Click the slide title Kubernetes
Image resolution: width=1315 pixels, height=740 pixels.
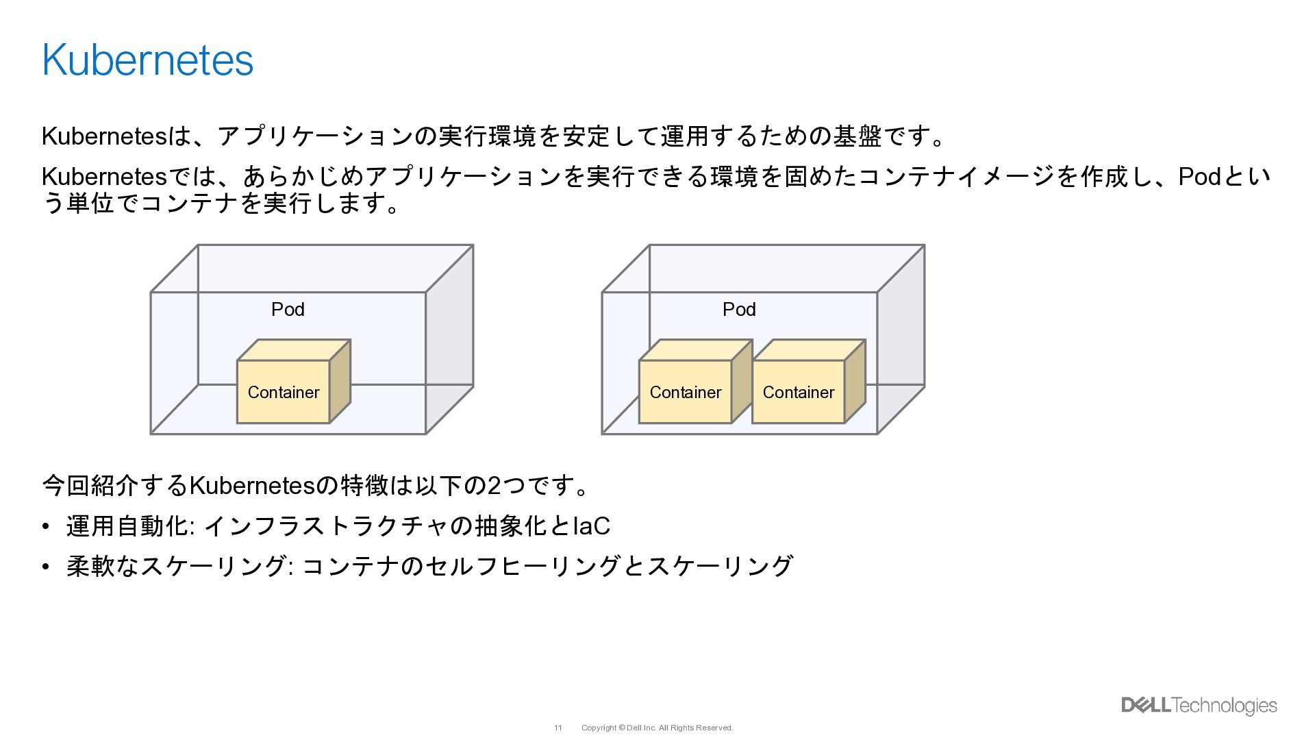click(147, 60)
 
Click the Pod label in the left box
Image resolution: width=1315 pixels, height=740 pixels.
click(288, 310)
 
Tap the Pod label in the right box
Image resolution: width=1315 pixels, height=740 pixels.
click(739, 310)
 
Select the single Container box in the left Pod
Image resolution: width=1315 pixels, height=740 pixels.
click(284, 392)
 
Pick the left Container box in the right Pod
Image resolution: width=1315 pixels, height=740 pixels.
click(685, 392)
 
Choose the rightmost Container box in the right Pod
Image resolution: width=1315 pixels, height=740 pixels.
click(798, 392)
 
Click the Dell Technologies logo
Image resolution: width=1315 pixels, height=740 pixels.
click(1199, 706)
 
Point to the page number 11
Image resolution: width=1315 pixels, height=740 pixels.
click(558, 728)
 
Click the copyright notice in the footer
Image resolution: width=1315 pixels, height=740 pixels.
click(657, 728)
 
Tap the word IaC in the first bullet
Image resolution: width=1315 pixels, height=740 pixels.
click(591, 526)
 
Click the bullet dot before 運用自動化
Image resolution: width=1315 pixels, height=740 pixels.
click(46, 526)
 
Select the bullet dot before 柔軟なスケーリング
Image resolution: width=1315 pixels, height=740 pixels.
click(46, 567)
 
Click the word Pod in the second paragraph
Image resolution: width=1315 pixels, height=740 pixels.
click(1199, 177)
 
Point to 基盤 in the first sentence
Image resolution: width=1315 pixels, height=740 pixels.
click(856, 136)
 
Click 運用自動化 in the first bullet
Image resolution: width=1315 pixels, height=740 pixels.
click(127, 526)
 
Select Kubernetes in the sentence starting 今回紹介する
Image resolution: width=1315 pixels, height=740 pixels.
click(251, 486)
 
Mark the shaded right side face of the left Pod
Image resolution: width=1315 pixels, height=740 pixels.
click(449, 339)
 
